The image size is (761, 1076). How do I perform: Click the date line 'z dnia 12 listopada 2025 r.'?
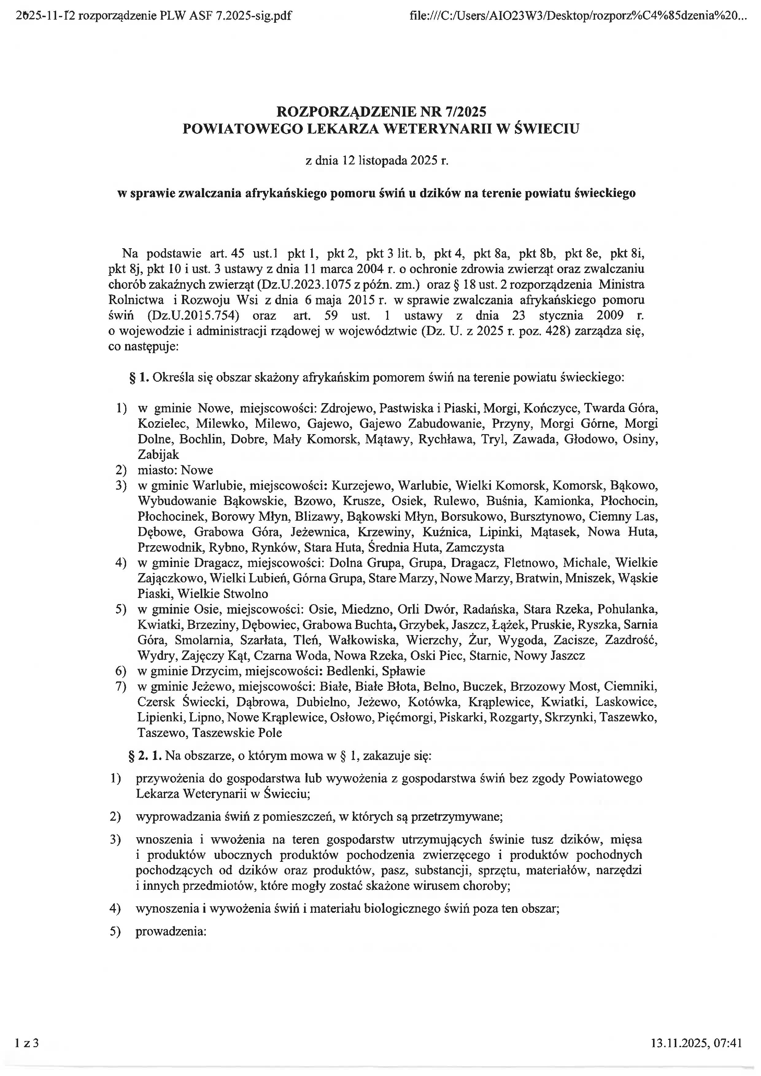point(377,161)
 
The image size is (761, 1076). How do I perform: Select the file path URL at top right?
point(576,16)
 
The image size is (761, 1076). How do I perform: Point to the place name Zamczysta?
point(475,547)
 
